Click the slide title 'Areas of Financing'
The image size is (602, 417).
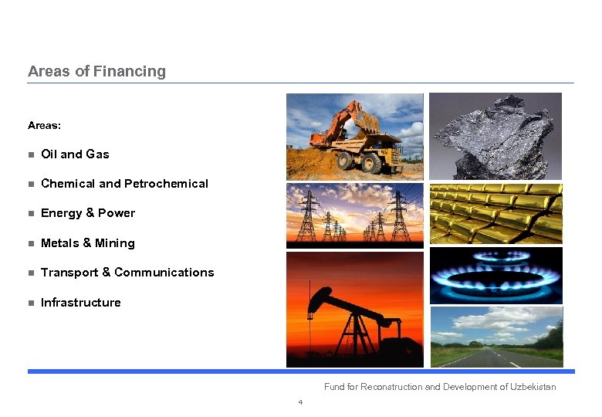pyautogui.click(x=96, y=71)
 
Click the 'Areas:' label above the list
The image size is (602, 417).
pyautogui.click(x=44, y=125)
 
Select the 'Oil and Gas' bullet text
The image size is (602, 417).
pyautogui.click(x=75, y=154)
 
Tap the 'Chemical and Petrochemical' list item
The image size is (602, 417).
pyautogui.click(x=124, y=184)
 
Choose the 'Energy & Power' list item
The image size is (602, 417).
pyautogui.click(x=87, y=213)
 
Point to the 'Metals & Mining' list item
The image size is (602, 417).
pyautogui.click(x=87, y=243)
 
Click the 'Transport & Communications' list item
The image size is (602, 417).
pyautogui.click(x=127, y=273)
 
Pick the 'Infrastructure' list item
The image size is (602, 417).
pyautogui.click(x=80, y=303)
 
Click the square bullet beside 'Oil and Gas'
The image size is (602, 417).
pyautogui.click(x=31, y=155)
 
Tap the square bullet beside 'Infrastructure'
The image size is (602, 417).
pyautogui.click(x=31, y=303)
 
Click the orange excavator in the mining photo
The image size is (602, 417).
pyautogui.click(x=340, y=124)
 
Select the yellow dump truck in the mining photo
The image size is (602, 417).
pyautogui.click(x=370, y=151)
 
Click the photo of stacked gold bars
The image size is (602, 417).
pyautogui.click(x=495, y=214)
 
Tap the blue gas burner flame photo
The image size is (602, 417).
pyautogui.click(x=495, y=276)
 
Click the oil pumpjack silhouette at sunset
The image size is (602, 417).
pyautogui.click(x=347, y=317)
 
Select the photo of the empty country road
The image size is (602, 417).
pyautogui.click(x=495, y=337)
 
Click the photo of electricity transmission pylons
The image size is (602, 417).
pyautogui.click(x=354, y=215)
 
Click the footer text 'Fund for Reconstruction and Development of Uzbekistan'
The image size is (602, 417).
pyautogui.click(x=439, y=387)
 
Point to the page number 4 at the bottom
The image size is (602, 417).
pyautogui.click(x=300, y=402)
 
